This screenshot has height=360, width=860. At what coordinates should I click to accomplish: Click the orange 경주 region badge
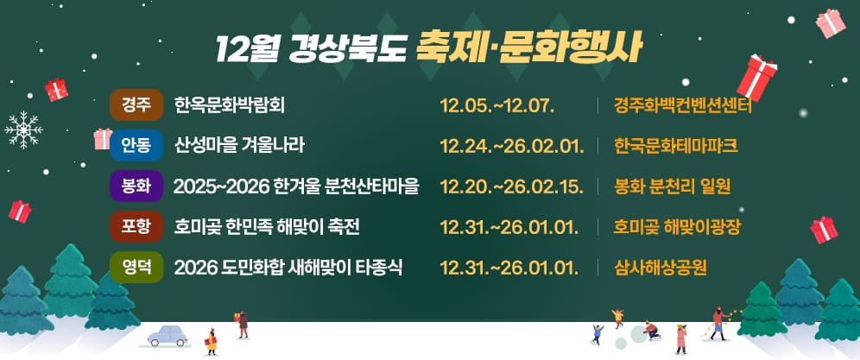pos(136,105)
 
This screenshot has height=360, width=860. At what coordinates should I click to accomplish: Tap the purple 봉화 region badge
pos(136,186)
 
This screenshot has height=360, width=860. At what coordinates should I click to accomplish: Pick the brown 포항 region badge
pos(136,227)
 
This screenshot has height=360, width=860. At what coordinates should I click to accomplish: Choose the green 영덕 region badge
pos(136,267)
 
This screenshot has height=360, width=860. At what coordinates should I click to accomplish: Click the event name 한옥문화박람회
pos(229,105)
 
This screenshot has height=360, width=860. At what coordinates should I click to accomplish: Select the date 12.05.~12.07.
pos(496,105)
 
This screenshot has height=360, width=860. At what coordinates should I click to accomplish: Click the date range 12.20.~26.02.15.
pos(512,186)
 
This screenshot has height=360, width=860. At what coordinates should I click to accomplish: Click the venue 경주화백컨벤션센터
pos(683,105)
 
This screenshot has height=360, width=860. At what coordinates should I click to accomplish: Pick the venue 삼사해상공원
pos(661,267)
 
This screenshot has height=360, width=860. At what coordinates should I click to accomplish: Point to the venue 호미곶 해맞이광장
pos(678,227)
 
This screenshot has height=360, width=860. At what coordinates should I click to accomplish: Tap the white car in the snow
pos(168,335)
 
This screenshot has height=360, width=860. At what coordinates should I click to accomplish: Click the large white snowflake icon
pos(24,129)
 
